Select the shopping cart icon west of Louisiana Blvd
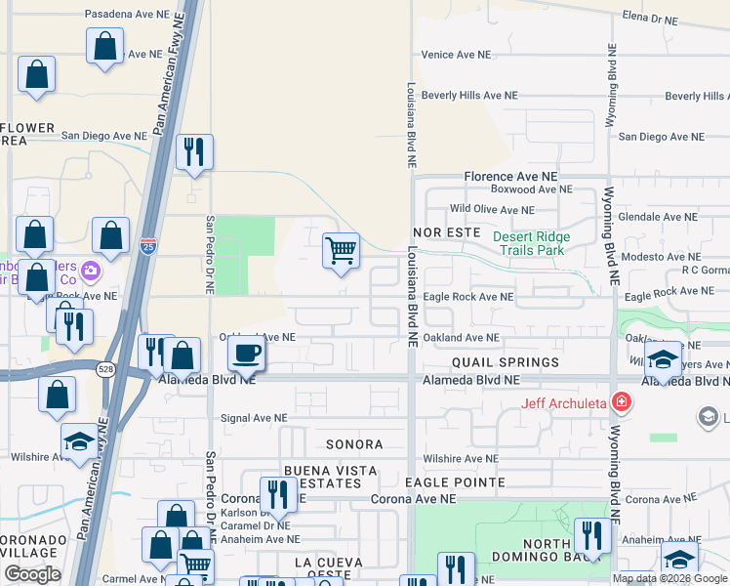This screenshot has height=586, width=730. pyautogui.click(x=342, y=250)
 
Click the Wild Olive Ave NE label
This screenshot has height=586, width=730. pyautogui.click(x=492, y=209)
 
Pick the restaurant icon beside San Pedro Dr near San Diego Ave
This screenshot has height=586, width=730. pyautogui.click(x=194, y=151)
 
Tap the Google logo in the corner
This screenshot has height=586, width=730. pyautogui.click(x=32, y=575)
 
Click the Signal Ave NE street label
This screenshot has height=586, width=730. pyautogui.click(x=255, y=418)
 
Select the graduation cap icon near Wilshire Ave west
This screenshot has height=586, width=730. pyautogui.click(x=79, y=441)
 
